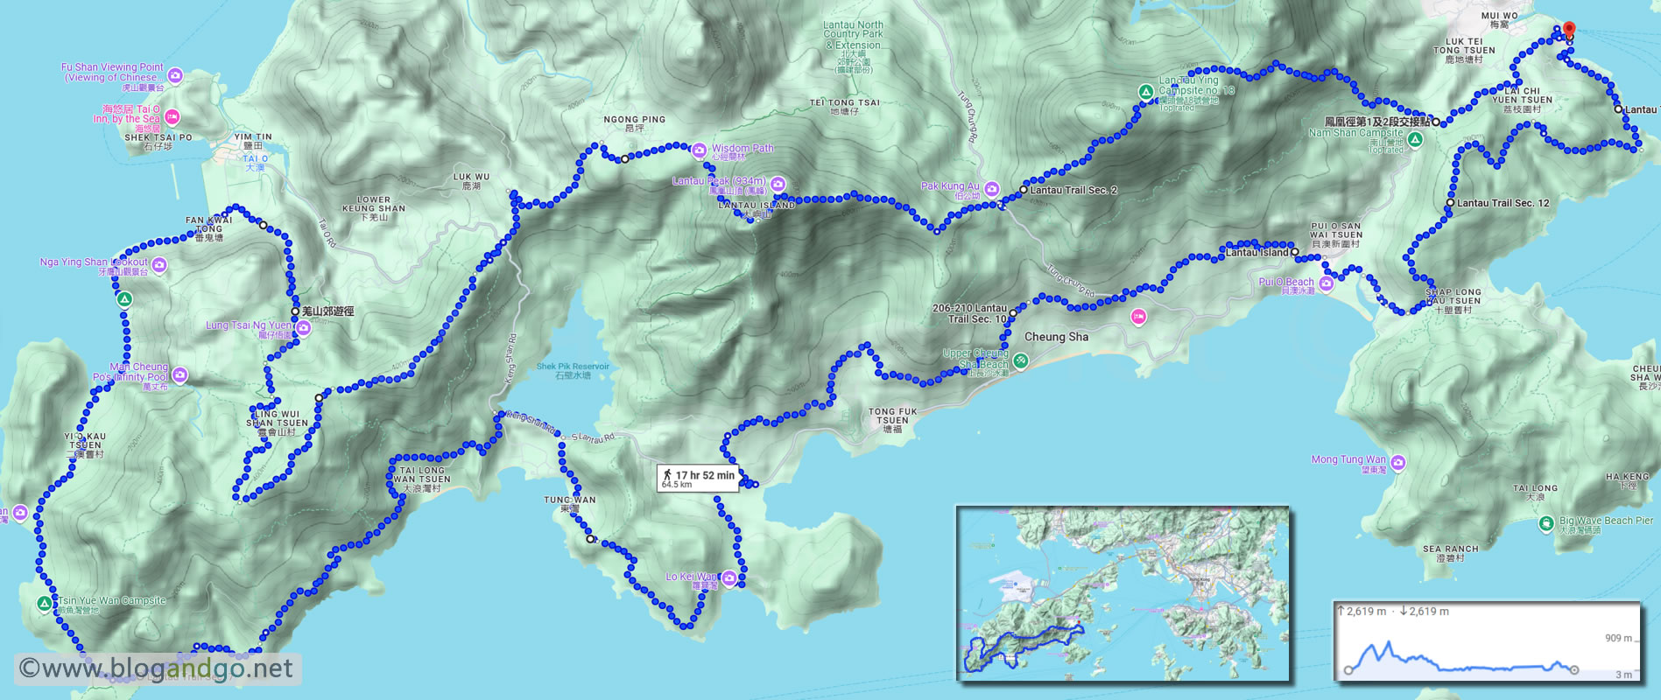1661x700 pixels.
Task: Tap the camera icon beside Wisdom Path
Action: pos(699,150)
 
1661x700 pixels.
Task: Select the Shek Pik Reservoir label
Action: pos(573,370)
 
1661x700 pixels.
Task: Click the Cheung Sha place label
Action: pos(1056,337)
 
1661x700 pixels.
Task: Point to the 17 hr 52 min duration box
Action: pos(698,478)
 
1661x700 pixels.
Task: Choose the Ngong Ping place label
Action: pos(634,123)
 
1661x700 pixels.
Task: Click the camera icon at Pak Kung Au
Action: pos(991,188)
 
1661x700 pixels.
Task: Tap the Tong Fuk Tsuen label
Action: pos(893,420)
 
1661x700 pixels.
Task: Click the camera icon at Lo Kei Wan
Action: pos(728,577)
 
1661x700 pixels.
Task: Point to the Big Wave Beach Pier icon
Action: pos(1546,523)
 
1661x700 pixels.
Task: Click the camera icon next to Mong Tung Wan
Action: pos(1397,462)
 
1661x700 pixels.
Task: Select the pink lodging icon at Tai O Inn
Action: pos(172,116)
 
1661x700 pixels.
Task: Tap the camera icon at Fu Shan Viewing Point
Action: pos(175,76)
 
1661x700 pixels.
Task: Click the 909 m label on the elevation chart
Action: pos(1618,638)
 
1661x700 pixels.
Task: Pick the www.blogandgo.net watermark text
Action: pos(156,669)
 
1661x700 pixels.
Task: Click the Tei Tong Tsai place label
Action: pos(844,107)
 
